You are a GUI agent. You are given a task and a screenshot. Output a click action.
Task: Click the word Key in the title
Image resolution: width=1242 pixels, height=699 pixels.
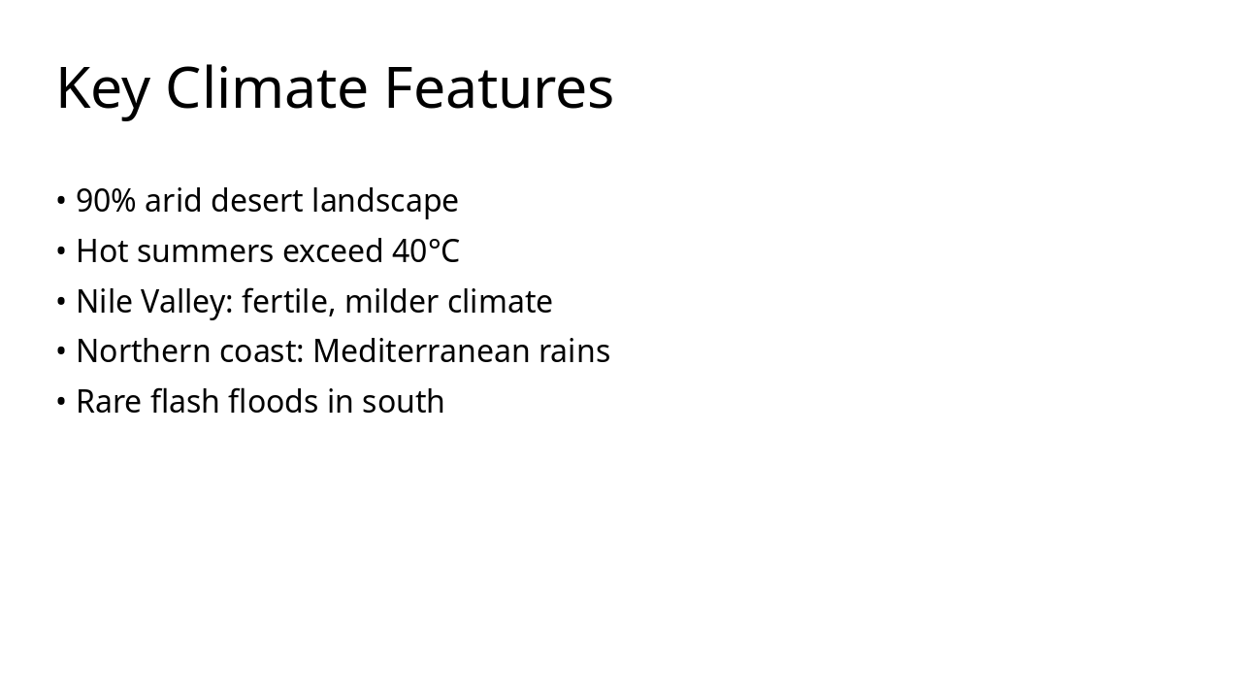click(103, 88)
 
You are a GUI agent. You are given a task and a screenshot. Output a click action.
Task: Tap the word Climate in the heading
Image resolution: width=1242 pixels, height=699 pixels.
click(267, 88)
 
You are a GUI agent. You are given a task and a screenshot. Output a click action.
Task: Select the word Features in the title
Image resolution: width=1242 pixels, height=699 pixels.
click(499, 88)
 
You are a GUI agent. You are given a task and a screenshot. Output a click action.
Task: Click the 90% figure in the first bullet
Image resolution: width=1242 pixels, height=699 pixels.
click(106, 201)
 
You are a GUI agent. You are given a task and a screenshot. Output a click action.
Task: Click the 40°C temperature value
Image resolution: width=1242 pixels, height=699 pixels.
click(425, 251)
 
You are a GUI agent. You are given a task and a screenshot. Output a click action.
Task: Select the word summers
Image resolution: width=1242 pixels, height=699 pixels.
click(206, 251)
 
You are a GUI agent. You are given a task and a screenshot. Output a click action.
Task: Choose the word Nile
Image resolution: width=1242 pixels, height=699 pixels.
click(104, 302)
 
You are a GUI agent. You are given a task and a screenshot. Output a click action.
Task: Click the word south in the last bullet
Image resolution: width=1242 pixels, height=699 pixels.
click(403, 402)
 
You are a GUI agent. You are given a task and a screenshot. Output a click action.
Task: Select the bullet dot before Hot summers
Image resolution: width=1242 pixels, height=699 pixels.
click(61, 251)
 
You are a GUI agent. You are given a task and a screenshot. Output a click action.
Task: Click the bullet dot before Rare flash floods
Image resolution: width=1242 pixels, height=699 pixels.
click(61, 402)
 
